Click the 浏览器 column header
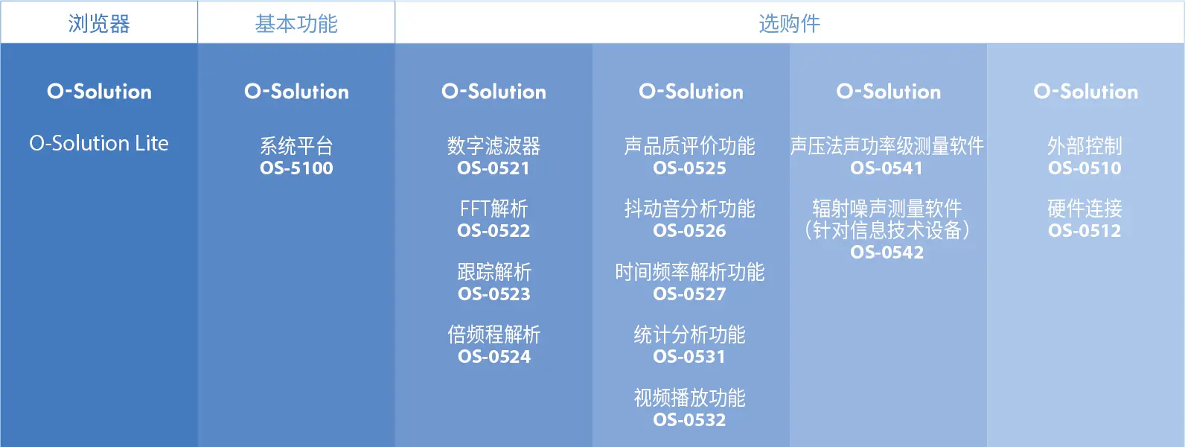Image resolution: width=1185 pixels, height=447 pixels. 99,24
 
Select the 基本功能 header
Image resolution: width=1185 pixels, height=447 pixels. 296,24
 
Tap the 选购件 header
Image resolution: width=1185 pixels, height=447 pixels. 789,24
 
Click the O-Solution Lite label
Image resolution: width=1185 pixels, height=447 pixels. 99,143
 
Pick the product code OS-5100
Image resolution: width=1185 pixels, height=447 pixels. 296,168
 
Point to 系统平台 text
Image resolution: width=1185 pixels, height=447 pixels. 296,145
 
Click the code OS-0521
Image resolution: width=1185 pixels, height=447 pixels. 494,168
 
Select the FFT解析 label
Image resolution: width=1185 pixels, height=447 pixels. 494,209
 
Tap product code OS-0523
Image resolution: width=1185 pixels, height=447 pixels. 494,294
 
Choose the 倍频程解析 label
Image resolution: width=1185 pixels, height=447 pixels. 494,335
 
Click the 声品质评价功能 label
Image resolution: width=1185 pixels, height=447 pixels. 690,145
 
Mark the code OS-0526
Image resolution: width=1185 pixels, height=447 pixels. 690,230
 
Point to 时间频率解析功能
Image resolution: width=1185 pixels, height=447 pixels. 690,272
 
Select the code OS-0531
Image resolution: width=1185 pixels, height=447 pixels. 689,356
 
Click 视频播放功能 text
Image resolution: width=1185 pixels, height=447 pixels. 690,398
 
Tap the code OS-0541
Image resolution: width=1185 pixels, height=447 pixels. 887,168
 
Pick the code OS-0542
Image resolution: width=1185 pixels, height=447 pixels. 887,252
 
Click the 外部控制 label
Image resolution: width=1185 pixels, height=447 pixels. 1085,145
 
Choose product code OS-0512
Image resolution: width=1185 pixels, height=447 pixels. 1085,230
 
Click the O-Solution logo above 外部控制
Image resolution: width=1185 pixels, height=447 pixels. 1086,92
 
